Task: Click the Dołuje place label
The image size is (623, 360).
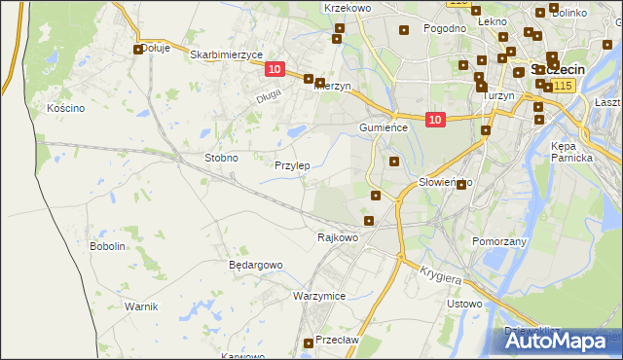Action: click(x=156, y=48)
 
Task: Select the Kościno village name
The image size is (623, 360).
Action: click(x=66, y=108)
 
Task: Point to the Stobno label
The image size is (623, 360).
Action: click(x=221, y=158)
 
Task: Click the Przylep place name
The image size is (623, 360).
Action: click(x=292, y=166)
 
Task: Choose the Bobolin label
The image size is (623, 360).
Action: click(x=107, y=246)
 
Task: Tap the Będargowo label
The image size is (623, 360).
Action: click(x=255, y=265)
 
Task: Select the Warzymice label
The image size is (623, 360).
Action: click(x=319, y=295)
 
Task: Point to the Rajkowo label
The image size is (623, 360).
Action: click(x=339, y=236)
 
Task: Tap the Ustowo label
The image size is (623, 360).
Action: click(x=464, y=305)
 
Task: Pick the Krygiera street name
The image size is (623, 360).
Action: click(x=440, y=275)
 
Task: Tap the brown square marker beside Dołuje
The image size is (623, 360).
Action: click(x=138, y=49)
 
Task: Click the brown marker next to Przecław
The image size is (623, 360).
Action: click(x=309, y=342)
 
